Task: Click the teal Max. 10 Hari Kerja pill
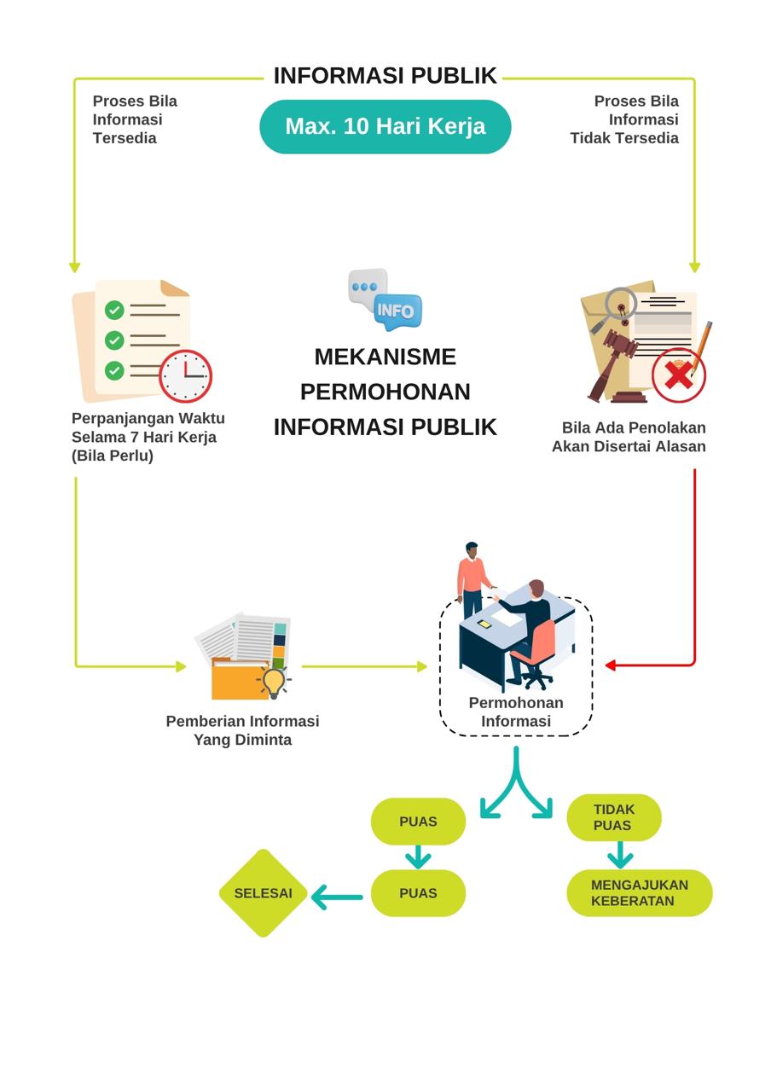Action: pos(385,126)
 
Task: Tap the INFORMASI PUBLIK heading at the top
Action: pos(385,76)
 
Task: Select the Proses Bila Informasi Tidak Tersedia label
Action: pos(625,119)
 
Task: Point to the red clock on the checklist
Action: pos(185,375)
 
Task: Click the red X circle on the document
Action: pos(678,375)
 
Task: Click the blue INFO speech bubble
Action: pos(397,311)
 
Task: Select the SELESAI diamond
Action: pos(263,893)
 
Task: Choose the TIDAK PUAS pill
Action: pos(613,817)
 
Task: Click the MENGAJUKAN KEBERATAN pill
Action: pos(639,893)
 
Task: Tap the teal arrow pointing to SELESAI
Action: pos(337,897)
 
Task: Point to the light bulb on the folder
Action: pos(273,682)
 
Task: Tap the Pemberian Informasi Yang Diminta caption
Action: pos(242,730)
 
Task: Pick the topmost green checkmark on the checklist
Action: pos(114,310)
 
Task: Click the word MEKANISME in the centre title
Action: pos(385,357)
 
